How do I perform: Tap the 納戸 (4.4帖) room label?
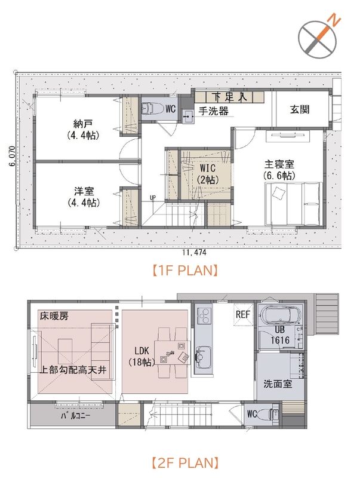pos(83,130)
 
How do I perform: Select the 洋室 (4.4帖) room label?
pos(83,197)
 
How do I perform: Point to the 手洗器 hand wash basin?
pos(187,116)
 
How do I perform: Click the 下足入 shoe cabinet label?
pos(229,97)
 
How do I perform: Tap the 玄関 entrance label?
pos(300,110)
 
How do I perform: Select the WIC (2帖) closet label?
pos(207,173)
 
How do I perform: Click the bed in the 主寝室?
pos(294,204)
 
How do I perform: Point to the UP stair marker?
pos(153,198)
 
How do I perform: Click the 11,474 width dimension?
pos(194,252)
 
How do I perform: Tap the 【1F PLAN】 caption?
pos(185,271)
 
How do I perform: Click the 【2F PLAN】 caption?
pos(185,462)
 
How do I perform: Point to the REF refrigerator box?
pos(243,314)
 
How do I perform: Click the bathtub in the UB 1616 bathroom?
pos(279,315)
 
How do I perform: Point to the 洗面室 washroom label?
pos(278,384)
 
